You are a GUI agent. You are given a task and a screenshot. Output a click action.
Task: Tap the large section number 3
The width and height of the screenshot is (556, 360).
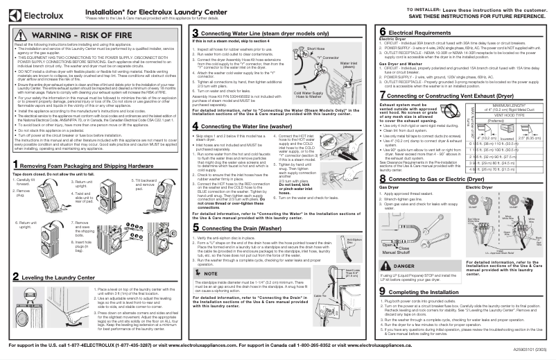click(195, 33)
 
